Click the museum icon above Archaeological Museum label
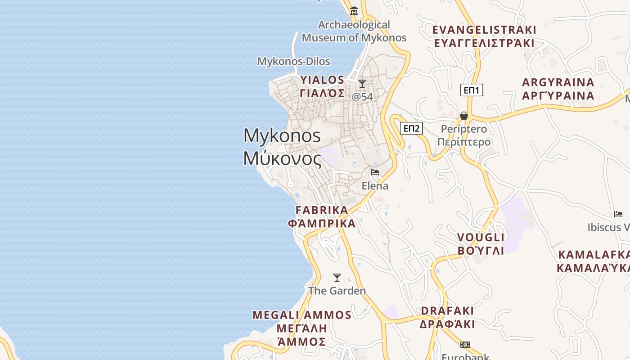354,11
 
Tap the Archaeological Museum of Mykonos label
354,31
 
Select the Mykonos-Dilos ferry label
293,61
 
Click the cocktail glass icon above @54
362,84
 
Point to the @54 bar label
362,96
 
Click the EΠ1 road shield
472,90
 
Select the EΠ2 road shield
411,129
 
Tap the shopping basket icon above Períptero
464,116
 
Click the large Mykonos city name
282,147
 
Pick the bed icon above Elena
375,172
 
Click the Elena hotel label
375,185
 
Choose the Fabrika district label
322,216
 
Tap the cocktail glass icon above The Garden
337,278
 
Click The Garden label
337,291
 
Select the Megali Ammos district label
301,328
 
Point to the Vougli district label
481,244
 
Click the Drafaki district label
447,317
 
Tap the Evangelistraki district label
484,36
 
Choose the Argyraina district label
558,89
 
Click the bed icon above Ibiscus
618,214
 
